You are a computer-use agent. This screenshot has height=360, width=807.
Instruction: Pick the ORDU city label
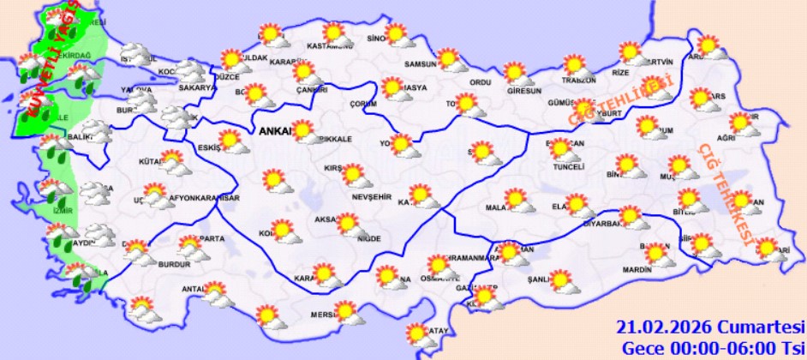(480, 82)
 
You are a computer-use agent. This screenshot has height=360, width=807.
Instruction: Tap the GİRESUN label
(524, 91)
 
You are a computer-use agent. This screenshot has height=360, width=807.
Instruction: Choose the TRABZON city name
(578, 81)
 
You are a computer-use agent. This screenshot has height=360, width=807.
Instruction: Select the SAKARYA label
(196, 87)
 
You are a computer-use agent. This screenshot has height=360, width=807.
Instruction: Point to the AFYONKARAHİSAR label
(204, 198)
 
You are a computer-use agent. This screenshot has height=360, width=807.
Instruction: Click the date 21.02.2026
(666, 327)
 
